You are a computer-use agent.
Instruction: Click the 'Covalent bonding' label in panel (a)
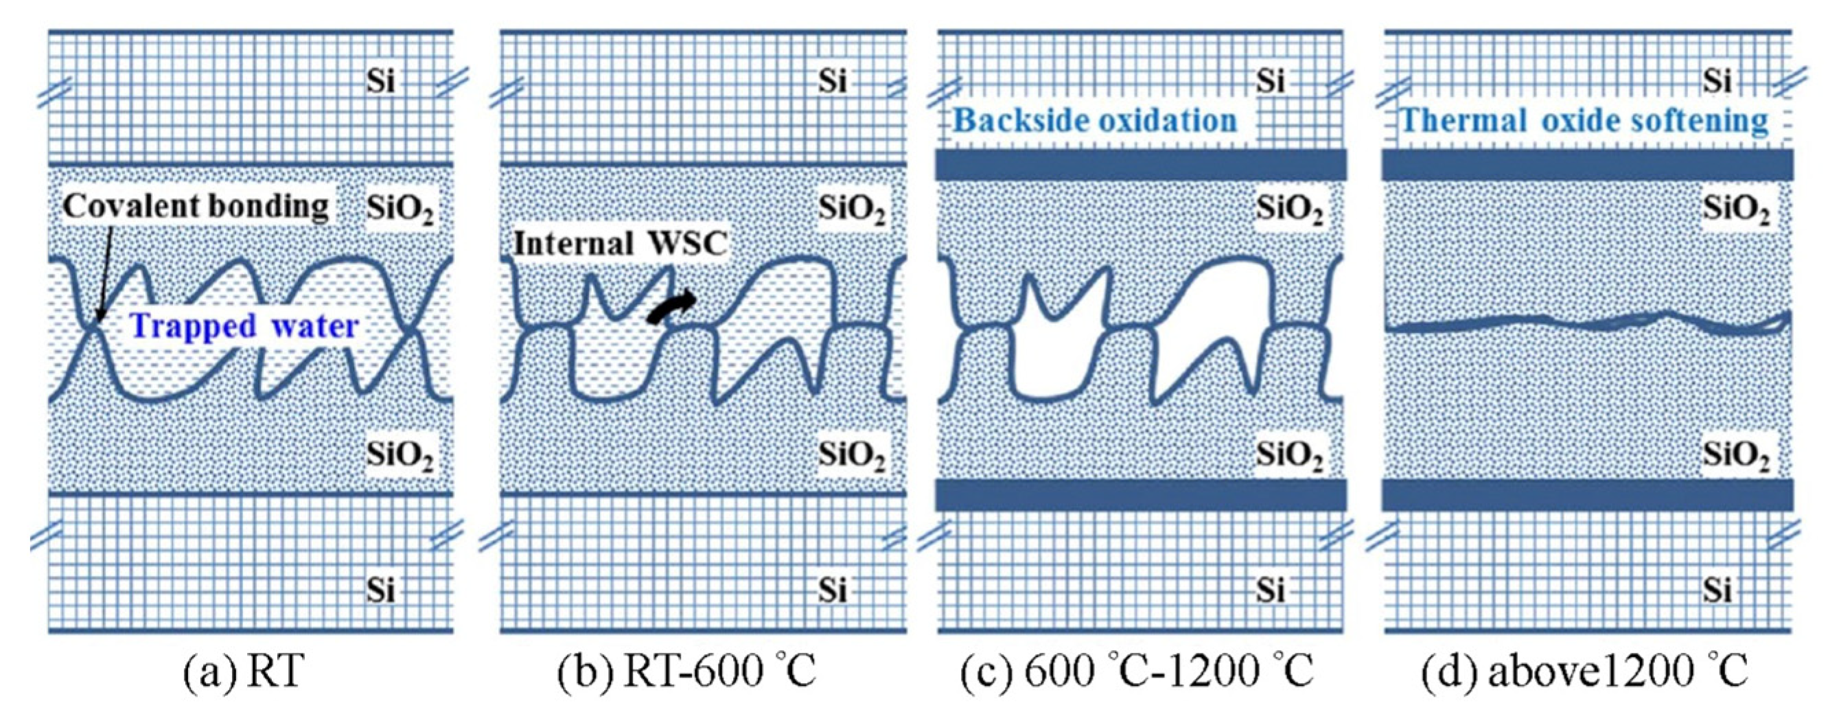point(196,207)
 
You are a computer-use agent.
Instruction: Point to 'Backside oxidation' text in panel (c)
point(1095,121)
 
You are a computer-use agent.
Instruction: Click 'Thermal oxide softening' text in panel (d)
point(1584,121)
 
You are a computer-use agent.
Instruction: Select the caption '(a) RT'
point(244,671)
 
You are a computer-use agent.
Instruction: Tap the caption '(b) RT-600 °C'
point(686,671)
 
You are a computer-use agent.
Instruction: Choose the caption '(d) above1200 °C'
point(1584,671)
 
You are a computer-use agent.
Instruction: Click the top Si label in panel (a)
point(380,82)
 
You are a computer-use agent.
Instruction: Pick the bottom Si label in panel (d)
point(1717,590)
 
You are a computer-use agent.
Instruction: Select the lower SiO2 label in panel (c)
point(1289,455)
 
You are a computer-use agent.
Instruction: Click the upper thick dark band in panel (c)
point(1140,165)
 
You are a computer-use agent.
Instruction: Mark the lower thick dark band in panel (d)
point(1588,495)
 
